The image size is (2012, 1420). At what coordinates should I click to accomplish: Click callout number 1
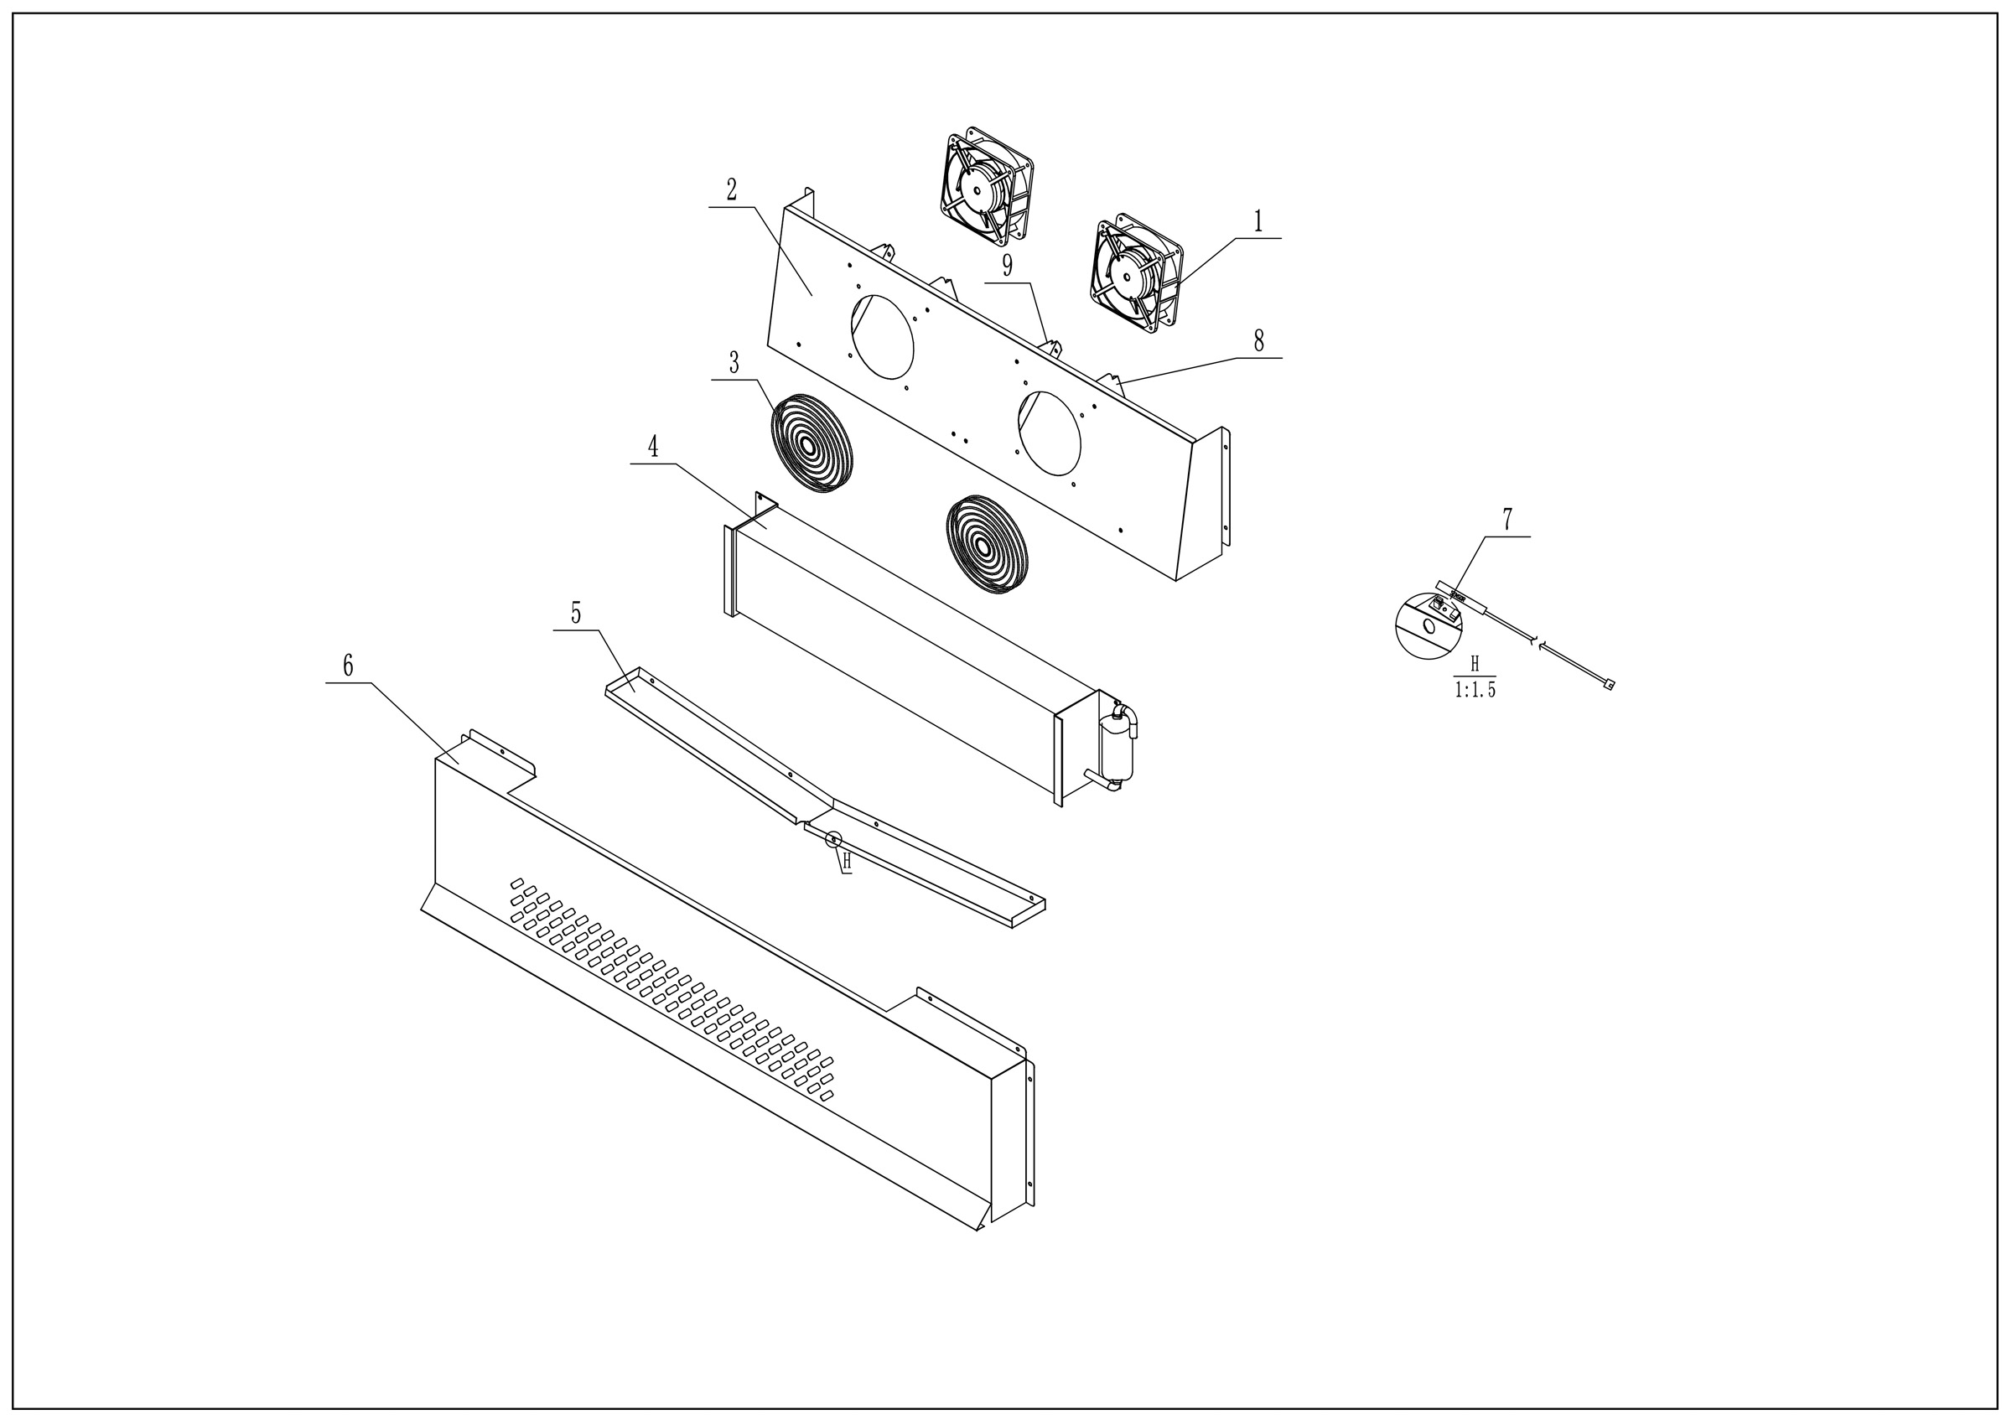(x=1258, y=221)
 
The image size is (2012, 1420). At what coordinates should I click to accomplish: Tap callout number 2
(x=731, y=189)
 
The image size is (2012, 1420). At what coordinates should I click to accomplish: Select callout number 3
(x=734, y=362)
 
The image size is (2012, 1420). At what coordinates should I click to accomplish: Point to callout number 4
(x=653, y=447)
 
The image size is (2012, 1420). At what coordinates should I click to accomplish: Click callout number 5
(x=576, y=614)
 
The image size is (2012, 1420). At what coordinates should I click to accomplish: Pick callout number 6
(x=348, y=666)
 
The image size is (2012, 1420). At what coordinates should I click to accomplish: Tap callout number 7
(x=1507, y=520)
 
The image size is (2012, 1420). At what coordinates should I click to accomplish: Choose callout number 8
(x=1258, y=341)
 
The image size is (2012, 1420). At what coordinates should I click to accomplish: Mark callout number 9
(x=1007, y=266)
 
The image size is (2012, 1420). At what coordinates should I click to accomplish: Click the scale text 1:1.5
(x=1475, y=690)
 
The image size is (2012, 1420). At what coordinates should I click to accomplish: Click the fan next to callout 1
(x=1137, y=273)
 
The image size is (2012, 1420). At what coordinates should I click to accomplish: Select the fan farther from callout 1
(x=987, y=187)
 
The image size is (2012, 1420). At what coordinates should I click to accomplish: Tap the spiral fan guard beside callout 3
(x=812, y=443)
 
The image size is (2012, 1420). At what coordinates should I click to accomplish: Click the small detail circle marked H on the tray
(x=833, y=839)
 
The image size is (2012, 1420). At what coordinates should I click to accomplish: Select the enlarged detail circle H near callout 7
(x=1429, y=625)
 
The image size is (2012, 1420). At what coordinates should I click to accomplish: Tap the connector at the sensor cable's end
(x=1609, y=686)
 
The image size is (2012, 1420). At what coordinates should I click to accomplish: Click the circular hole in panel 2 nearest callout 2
(x=883, y=337)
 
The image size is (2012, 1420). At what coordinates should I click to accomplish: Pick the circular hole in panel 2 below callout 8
(x=1049, y=433)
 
